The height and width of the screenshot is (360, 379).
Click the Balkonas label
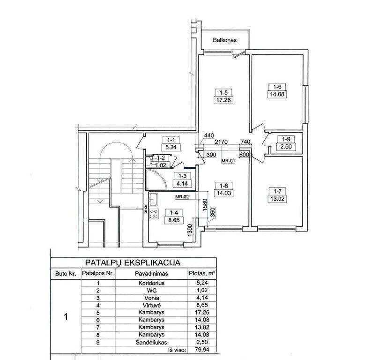[224, 40]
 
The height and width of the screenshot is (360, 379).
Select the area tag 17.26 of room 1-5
[223, 100]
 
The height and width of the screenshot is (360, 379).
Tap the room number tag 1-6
[277, 87]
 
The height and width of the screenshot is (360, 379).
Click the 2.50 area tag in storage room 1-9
[286, 147]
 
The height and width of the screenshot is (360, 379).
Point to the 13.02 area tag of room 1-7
[277, 199]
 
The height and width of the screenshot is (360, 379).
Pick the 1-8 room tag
[223, 186]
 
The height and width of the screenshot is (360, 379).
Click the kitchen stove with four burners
[154, 214]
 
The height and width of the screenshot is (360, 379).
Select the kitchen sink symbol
[153, 200]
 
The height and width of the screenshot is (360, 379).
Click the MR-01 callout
[228, 161]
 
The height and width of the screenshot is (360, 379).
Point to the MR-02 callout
[182, 197]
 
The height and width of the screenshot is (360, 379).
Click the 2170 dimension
[221, 142]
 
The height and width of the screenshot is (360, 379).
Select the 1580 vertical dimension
[205, 205]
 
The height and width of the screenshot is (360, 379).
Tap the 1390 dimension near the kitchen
[190, 231]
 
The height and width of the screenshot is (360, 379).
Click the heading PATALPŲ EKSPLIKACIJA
[133, 263]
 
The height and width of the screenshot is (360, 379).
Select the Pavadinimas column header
[151, 274]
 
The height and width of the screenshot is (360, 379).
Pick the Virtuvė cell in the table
[151, 305]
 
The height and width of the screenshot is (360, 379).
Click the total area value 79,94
[202, 350]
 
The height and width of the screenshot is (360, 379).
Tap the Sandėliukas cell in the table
[151, 342]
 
